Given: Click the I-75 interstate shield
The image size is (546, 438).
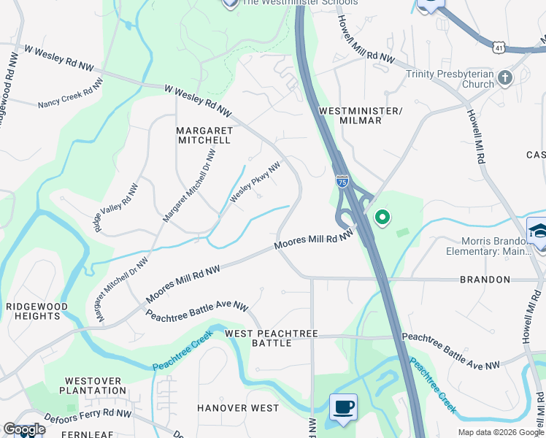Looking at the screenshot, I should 342,180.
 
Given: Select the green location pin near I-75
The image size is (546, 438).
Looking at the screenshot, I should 382,217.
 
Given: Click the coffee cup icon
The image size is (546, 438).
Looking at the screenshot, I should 342,407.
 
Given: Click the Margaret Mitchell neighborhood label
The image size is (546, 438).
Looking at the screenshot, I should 204,135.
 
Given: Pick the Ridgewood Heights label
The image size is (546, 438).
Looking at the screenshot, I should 36,312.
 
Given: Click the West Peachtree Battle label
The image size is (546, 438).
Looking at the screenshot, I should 272,338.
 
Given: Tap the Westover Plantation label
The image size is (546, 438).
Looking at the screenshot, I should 96,385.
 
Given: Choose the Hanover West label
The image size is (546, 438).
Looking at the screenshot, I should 238,408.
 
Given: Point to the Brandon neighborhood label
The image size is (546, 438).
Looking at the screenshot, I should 485,280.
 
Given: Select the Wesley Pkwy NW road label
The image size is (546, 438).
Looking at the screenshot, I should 255,182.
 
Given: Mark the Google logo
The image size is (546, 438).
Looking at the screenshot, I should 24,429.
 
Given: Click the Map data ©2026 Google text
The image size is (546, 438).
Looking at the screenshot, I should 500,432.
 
